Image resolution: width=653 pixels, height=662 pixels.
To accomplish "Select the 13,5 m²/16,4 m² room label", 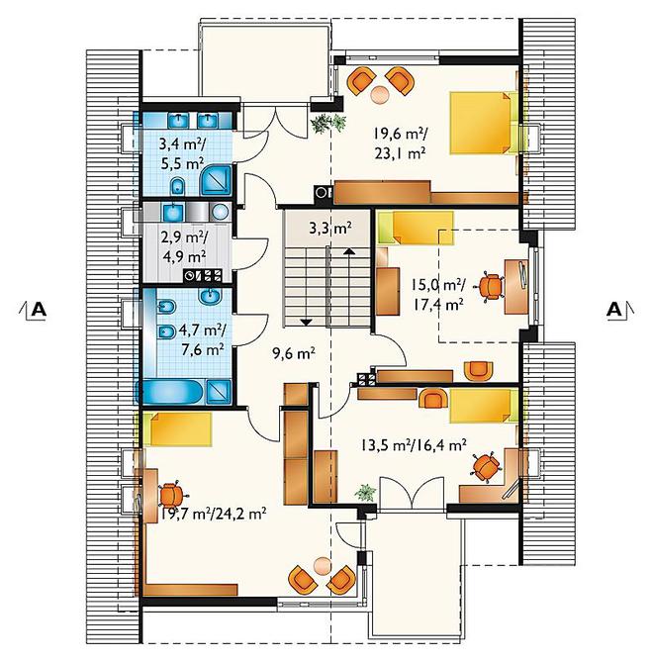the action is (x=414, y=444).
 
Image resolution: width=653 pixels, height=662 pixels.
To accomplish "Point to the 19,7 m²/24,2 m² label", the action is (x=213, y=514).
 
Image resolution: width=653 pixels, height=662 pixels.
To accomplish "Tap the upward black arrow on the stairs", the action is (x=348, y=251).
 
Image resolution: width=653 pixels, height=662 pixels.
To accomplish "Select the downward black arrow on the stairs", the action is (x=306, y=323).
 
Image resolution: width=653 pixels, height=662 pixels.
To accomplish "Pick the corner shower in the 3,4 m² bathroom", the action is (x=216, y=180).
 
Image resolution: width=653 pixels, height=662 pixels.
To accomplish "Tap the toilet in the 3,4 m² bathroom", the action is (x=178, y=187).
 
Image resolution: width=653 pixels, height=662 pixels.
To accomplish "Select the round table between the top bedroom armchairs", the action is (x=380, y=95).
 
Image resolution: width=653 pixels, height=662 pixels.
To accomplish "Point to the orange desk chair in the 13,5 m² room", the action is (x=486, y=467).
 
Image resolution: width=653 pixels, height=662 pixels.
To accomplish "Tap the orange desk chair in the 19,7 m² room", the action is (x=171, y=495).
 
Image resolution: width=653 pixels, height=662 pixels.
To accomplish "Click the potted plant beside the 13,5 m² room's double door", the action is (x=365, y=493).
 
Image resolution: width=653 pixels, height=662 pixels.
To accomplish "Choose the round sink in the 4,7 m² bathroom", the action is (x=210, y=296).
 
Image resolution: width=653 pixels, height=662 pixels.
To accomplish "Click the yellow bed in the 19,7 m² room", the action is (x=177, y=428).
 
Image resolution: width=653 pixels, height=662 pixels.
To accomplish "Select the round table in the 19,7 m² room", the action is (x=323, y=565).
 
